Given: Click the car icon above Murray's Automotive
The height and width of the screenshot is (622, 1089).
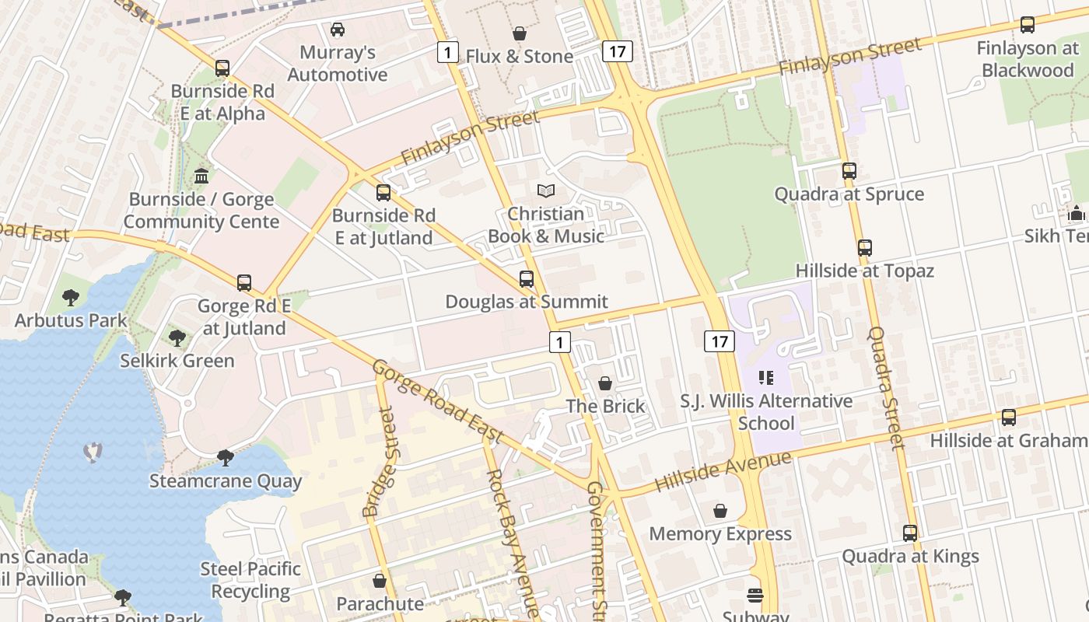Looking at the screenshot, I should click(338, 30).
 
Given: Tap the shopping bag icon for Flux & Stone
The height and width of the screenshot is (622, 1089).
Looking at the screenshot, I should click(520, 33).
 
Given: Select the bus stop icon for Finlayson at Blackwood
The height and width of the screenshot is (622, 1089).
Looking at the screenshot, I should click(1028, 25).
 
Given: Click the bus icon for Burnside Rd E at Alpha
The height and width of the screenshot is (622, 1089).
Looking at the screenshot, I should click(222, 68).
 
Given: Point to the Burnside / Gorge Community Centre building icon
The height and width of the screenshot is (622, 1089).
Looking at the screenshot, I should click(202, 176).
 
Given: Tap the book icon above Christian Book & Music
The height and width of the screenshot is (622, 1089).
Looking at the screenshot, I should click(546, 190).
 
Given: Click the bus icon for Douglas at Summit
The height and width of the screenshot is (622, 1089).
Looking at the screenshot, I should click(527, 278).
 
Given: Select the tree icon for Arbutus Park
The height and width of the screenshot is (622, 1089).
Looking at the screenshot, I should click(71, 297).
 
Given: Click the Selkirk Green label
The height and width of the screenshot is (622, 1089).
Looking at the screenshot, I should click(177, 361).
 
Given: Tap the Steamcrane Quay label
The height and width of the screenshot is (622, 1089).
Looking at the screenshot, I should click(225, 481).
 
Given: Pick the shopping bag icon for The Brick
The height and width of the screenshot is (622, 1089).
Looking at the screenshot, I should click(605, 383).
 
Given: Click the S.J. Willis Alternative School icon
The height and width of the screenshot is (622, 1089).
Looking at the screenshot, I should click(766, 378).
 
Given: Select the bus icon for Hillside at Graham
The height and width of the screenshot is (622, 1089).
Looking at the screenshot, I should click(1009, 418).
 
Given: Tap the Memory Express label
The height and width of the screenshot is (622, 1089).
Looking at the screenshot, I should click(720, 534).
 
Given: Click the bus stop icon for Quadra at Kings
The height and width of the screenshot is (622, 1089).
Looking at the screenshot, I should click(910, 533).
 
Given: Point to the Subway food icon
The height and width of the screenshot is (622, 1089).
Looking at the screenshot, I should click(755, 596).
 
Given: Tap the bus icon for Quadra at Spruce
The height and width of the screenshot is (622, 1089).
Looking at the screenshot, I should click(849, 171).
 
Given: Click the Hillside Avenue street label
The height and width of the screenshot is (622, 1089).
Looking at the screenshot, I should click(723, 472).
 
